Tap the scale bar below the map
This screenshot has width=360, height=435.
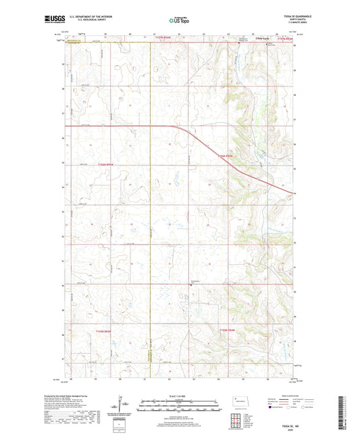179,404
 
